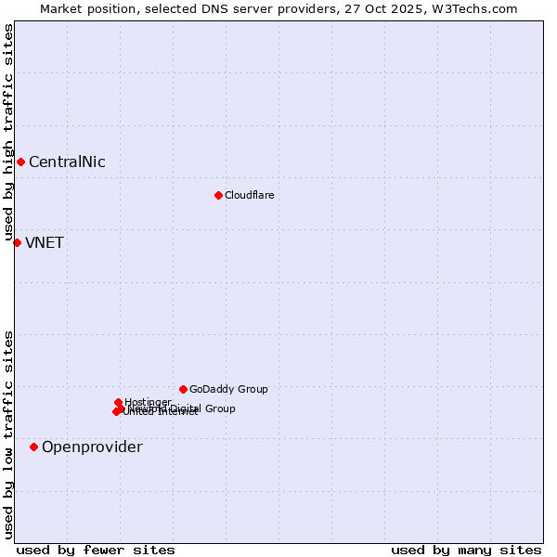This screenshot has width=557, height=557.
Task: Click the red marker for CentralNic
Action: (x=20, y=162)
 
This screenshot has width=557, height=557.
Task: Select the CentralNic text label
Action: (x=67, y=162)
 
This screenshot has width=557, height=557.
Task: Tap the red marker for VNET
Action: (x=17, y=242)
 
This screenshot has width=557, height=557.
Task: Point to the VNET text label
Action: (x=45, y=243)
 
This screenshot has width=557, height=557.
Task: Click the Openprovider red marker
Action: (x=33, y=447)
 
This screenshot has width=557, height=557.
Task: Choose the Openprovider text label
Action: (x=92, y=447)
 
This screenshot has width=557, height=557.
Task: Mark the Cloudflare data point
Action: (x=218, y=195)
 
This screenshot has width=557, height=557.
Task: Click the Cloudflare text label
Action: (x=249, y=196)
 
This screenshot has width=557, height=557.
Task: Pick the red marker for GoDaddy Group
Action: (x=183, y=389)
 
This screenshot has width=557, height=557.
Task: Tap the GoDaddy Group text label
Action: (x=228, y=390)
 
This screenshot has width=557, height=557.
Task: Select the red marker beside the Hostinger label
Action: (x=118, y=402)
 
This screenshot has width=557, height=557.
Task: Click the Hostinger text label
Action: (x=148, y=403)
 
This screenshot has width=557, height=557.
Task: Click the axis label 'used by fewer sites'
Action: (x=96, y=550)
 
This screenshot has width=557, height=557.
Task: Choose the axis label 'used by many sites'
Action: (x=466, y=550)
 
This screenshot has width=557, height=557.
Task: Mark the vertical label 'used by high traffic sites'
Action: (x=8, y=133)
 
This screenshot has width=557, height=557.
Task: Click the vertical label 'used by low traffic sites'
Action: (x=8, y=434)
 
